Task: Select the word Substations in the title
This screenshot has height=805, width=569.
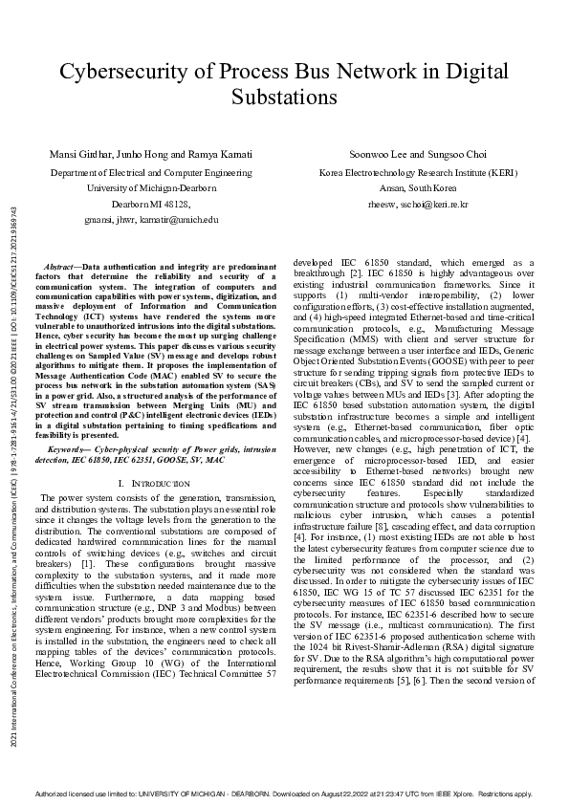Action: (284, 97)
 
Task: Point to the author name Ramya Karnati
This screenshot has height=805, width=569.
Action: (224, 154)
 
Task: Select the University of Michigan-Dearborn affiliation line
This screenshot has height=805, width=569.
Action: (151, 188)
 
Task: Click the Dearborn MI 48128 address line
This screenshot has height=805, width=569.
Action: (151, 204)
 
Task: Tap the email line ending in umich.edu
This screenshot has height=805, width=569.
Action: (151, 219)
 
